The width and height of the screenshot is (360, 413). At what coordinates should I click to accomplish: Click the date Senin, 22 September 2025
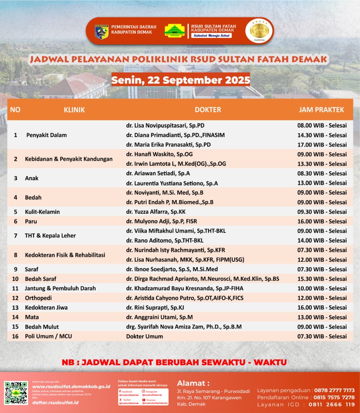tap(180, 80)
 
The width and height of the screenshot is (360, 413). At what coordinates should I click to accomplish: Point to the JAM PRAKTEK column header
tap(321, 110)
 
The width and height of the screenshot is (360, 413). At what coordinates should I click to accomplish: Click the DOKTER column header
tap(208, 110)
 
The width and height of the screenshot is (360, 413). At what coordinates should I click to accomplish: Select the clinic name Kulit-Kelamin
tap(42, 212)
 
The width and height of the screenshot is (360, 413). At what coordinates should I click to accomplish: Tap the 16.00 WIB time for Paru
tap(322, 221)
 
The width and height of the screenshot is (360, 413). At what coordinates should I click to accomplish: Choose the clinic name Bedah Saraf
tap(40, 279)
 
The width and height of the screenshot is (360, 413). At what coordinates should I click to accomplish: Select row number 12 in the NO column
tap(15, 298)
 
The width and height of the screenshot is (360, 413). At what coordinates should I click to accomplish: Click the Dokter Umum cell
tap(144, 336)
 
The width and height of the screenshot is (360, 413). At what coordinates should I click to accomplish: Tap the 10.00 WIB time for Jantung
tap(322, 288)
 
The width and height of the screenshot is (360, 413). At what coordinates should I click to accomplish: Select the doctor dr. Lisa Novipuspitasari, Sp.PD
tap(165, 125)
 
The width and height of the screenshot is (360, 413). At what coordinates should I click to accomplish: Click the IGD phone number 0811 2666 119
tap(332, 405)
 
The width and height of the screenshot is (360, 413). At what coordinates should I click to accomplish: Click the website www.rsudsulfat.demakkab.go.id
tap(71, 386)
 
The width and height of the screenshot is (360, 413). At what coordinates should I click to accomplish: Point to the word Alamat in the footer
tap(193, 383)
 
